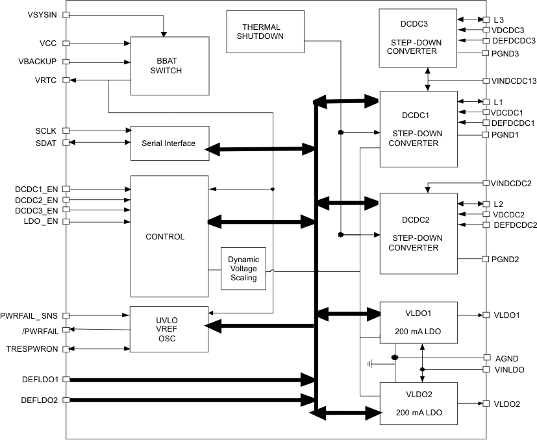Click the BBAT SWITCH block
170,66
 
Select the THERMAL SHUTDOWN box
261,32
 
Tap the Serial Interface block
168,143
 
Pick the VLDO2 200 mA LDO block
418,403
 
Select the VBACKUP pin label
39,62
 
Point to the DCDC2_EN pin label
36,200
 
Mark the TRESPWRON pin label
32,349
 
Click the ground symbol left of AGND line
371,364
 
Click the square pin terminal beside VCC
65,44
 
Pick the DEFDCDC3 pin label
513,40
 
